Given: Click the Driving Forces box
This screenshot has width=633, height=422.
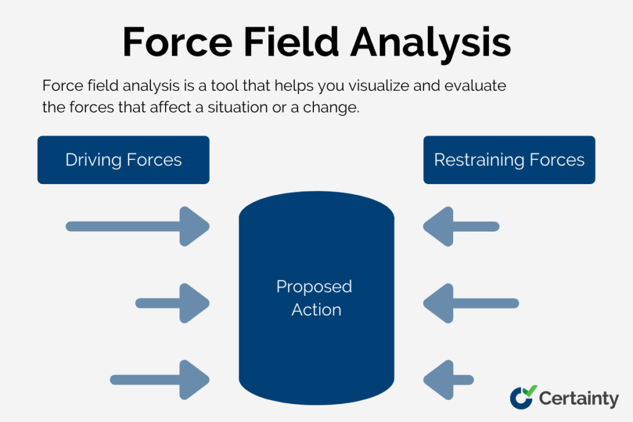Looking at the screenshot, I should tap(123, 160).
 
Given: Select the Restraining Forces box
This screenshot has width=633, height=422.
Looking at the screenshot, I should tap(509, 160).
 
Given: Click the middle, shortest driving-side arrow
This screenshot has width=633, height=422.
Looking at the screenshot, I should tap(172, 303).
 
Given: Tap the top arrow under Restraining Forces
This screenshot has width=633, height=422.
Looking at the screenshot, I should tap(461, 226).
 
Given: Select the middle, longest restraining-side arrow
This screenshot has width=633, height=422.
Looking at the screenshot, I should tap(470, 303).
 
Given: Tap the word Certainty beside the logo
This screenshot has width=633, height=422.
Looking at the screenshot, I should tap(578, 399).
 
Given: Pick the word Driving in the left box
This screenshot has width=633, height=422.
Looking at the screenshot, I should tap(93, 160).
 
